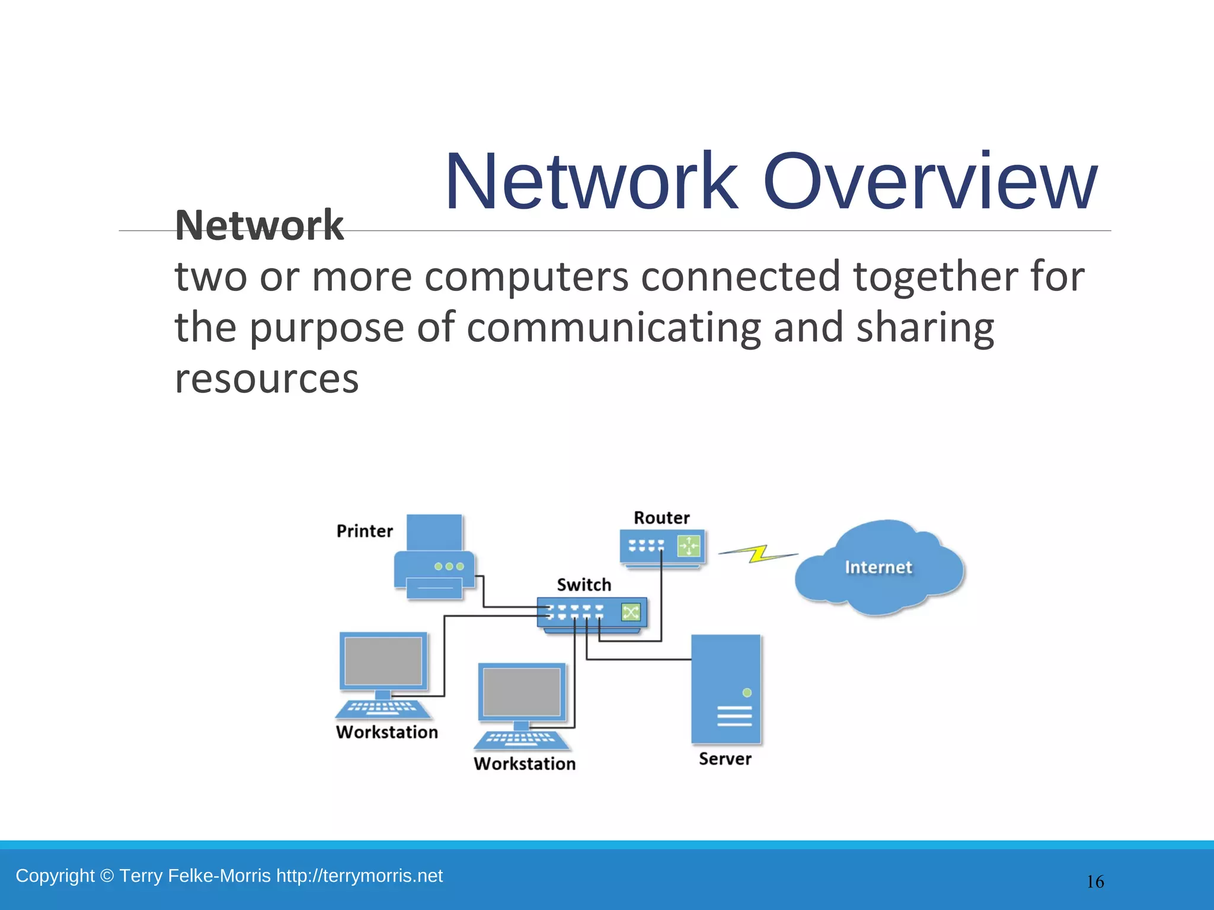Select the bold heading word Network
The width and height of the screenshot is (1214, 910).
tap(259, 226)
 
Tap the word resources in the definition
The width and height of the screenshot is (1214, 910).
tap(267, 379)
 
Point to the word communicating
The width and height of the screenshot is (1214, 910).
tap(614, 328)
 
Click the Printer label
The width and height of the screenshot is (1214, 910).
tap(365, 531)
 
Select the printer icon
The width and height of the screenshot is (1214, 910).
tap(435, 557)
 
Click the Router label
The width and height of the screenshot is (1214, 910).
tap(662, 518)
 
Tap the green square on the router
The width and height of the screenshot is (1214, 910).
tap(688, 546)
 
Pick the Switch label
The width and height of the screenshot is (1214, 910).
tap(584, 585)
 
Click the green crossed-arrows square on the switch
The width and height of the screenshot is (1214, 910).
tap(631, 612)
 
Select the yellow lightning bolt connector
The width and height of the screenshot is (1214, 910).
tap(758, 554)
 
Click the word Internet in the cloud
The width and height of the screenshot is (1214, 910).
tap(878, 568)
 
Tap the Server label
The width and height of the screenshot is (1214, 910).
tap(725, 759)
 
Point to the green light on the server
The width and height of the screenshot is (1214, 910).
tap(747, 693)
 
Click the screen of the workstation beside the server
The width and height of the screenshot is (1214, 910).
tap(522, 692)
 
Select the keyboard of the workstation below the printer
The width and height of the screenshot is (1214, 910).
tap(383, 709)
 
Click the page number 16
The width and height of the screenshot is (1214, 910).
tap(1095, 882)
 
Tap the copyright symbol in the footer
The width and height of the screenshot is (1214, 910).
tap(107, 876)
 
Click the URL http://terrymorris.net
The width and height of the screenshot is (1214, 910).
tap(359, 876)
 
